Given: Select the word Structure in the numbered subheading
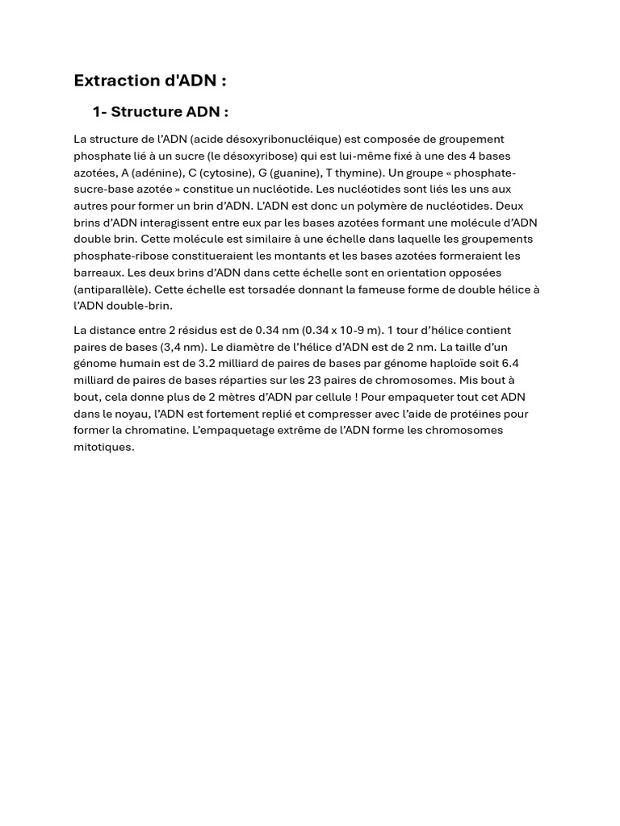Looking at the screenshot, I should coord(145,112).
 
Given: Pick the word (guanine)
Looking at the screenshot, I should coord(295,173).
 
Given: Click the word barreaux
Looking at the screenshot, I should coord(98,273).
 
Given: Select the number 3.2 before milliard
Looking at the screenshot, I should coord(207,364).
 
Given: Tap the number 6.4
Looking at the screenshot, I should coord(510,364).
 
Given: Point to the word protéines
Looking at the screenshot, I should coord(475,414).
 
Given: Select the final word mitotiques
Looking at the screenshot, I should coord(103,447).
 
